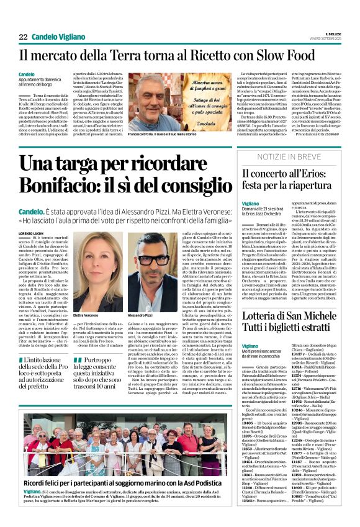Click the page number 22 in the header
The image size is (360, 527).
pyautogui.click(x=23, y=37)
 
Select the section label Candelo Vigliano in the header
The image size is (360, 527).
pyautogui.click(x=60, y=37)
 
